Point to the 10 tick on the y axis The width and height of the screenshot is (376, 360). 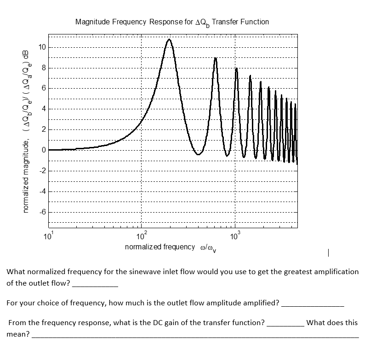click(x=42, y=47)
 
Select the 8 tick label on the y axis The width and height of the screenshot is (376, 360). click(x=43, y=68)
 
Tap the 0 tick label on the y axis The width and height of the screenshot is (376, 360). click(x=43, y=150)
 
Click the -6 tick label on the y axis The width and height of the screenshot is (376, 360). click(x=42, y=212)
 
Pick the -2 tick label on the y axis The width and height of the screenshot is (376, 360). click(x=42, y=171)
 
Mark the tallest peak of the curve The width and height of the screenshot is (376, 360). click(x=169, y=39)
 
